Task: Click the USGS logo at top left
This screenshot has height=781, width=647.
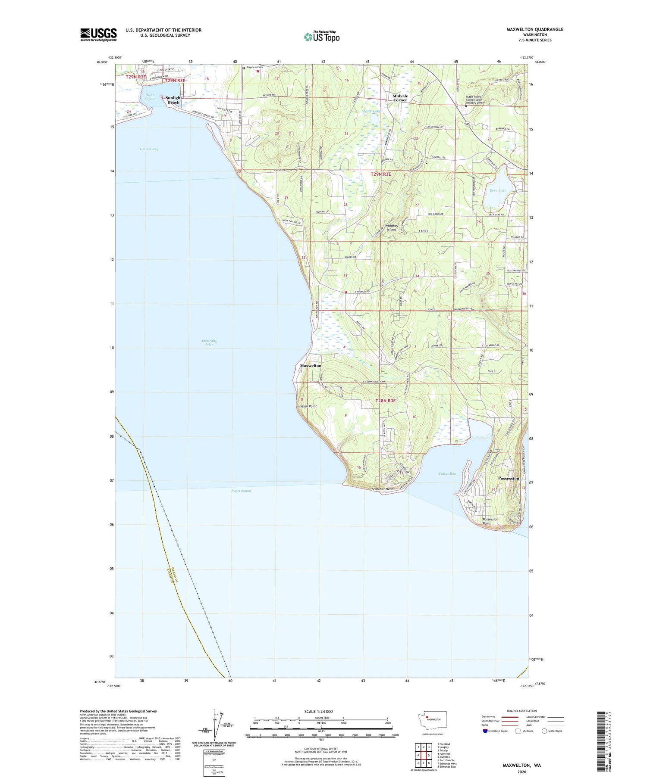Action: (x=98, y=34)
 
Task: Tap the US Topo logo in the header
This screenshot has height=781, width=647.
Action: (x=322, y=37)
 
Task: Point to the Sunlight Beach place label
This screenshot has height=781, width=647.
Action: (x=173, y=100)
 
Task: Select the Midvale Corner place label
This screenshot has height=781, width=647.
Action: (x=400, y=98)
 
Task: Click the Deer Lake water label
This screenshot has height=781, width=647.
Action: (x=498, y=190)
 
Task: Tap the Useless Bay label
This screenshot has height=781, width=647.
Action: (x=149, y=149)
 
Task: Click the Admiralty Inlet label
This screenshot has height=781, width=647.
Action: (x=209, y=342)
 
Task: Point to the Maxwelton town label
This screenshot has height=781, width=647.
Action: (x=311, y=365)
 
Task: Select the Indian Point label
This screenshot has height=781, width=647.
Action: (x=307, y=406)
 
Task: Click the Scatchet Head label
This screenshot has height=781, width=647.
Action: (x=383, y=489)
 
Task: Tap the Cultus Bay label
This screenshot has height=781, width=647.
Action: (x=447, y=473)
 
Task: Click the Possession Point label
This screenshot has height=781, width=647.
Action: (x=490, y=521)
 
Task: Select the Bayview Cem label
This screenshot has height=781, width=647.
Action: (x=254, y=68)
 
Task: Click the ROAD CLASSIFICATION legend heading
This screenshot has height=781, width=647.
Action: (x=522, y=711)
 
